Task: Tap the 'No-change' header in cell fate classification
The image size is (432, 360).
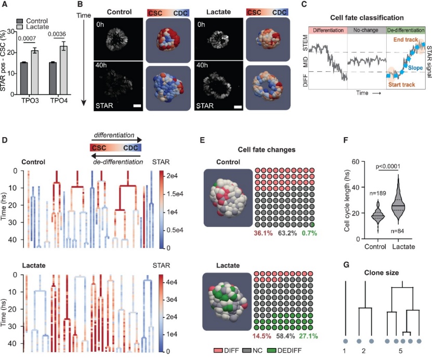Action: pyautogui.click(x=366, y=30)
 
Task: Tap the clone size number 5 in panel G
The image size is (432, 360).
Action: pyautogui.click(x=400, y=351)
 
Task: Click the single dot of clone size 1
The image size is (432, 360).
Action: pyautogui.click(x=346, y=341)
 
